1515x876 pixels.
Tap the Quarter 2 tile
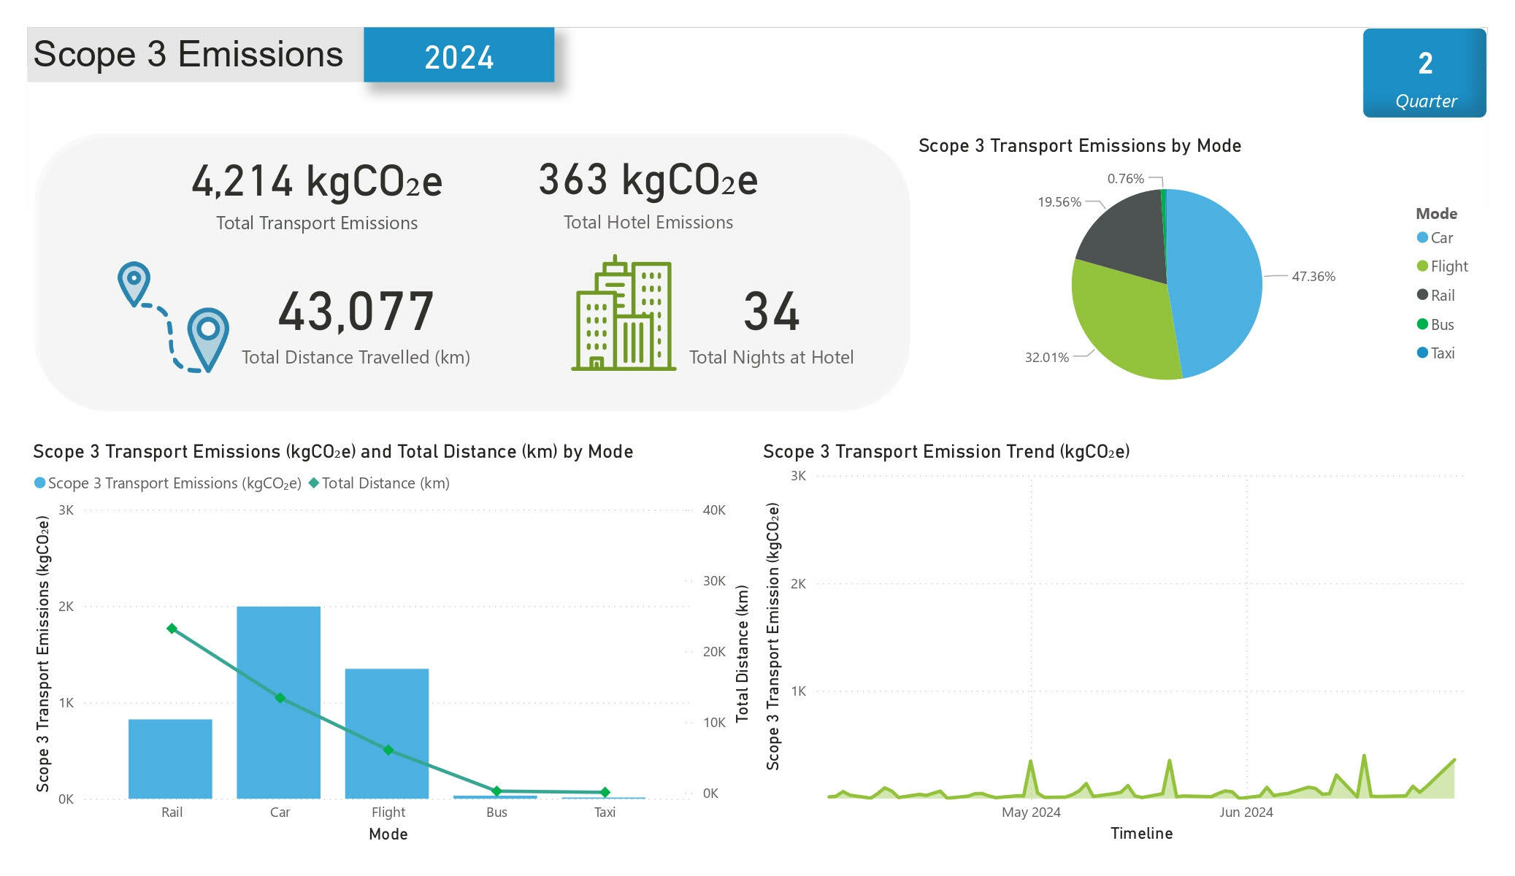pos(1424,73)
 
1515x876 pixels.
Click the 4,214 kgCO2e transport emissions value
pos(317,181)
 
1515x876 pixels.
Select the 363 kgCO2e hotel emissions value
pos(648,180)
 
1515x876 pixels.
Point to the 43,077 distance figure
pos(356,312)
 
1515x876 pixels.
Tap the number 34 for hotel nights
pos(771,312)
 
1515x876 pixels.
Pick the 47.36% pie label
pos(1313,277)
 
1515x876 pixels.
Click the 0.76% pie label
pos(1125,179)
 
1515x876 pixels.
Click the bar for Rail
pos(170,758)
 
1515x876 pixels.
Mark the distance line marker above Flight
pos(388,750)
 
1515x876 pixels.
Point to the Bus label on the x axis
pos(496,812)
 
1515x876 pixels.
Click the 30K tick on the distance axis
pos(713,581)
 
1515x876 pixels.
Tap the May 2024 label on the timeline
pos(1031,812)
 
